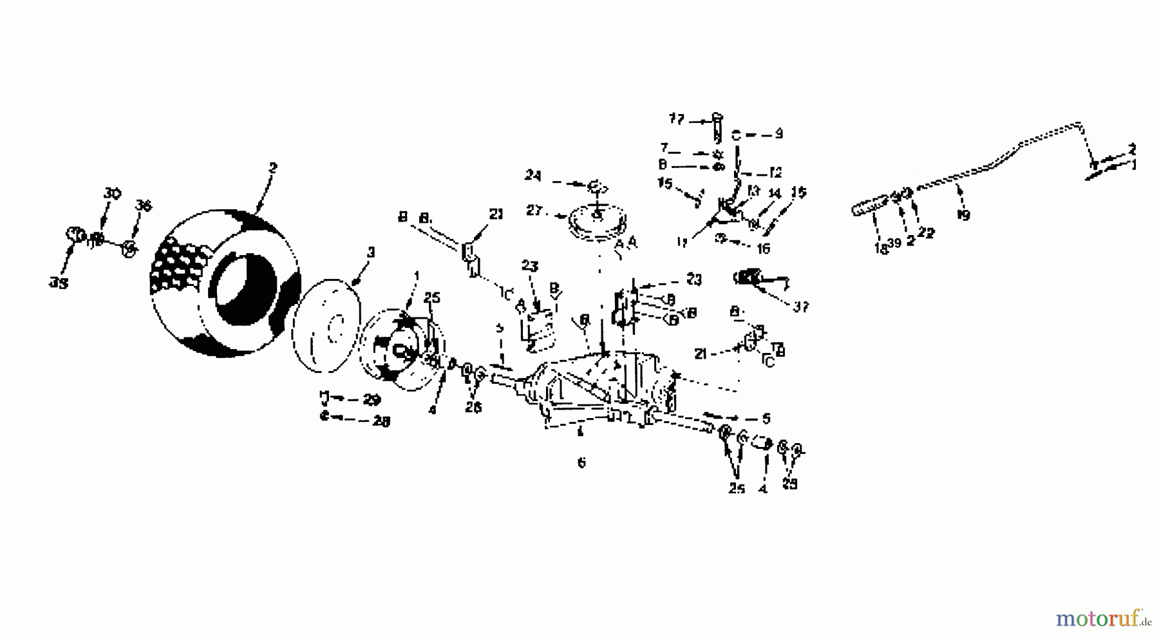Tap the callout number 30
tap(113, 193)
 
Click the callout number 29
tap(372, 400)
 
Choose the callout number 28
tap(381, 421)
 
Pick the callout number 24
tap(532, 175)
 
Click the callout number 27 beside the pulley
tap(534, 211)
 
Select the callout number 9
tap(778, 134)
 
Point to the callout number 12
tap(775, 173)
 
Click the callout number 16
tap(763, 248)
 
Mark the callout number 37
tap(800, 307)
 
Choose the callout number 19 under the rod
tap(963, 216)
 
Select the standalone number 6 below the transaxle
tap(581, 462)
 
